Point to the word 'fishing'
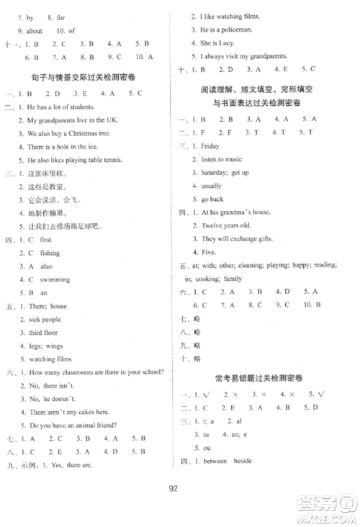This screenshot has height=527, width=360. pyautogui.click(x=50, y=253)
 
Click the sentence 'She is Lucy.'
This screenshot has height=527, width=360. pyautogui.click(x=217, y=42)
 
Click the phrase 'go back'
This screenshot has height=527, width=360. pyautogui.click(x=212, y=198)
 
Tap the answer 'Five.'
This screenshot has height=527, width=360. pyautogui.click(x=209, y=252)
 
